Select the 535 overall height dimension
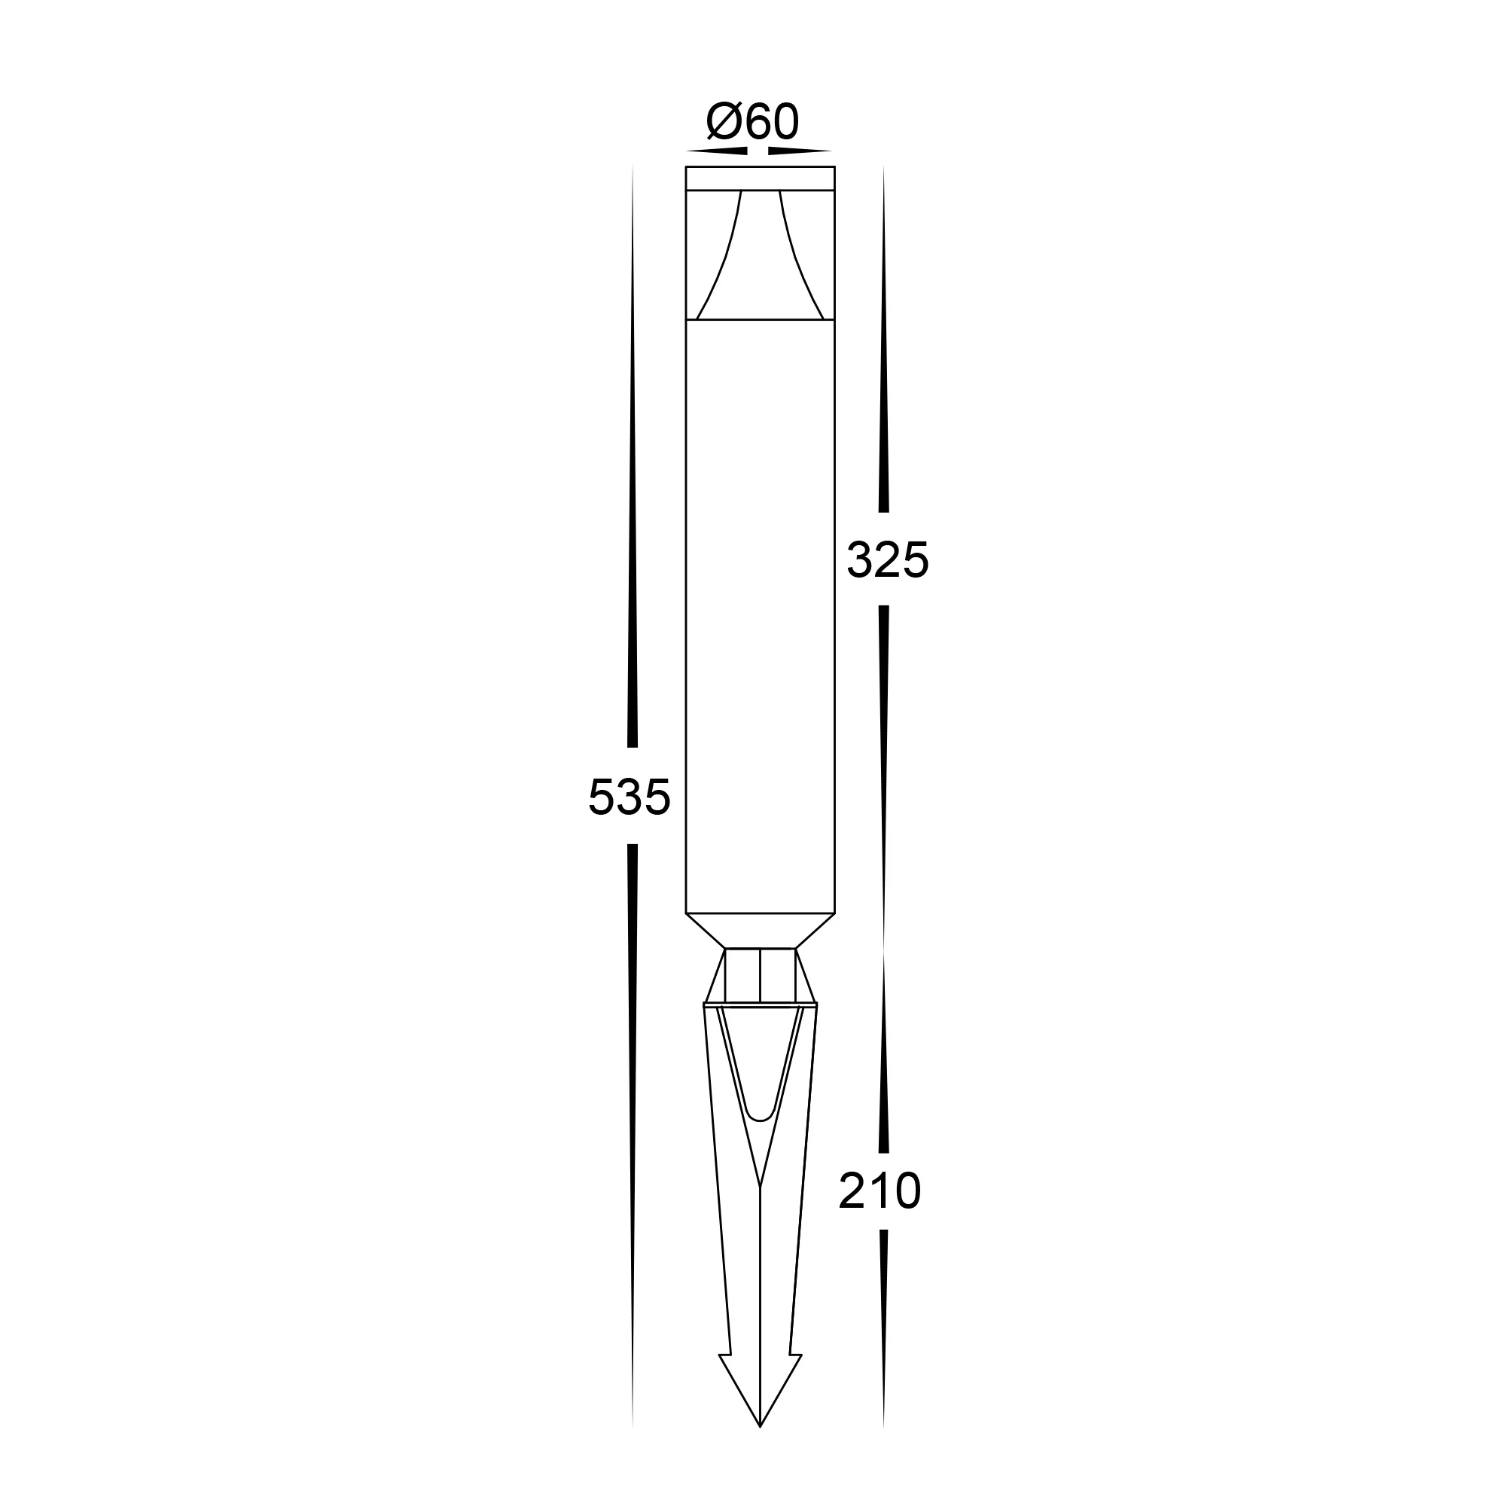click(x=629, y=797)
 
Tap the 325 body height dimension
click(x=888, y=559)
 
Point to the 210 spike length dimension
click(x=880, y=1191)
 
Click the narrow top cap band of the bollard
click(x=760, y=178)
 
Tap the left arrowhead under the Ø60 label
click(x=717, y=151)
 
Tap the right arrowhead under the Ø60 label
click(x=800, y=151)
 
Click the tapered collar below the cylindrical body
click(x=760, y=931)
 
